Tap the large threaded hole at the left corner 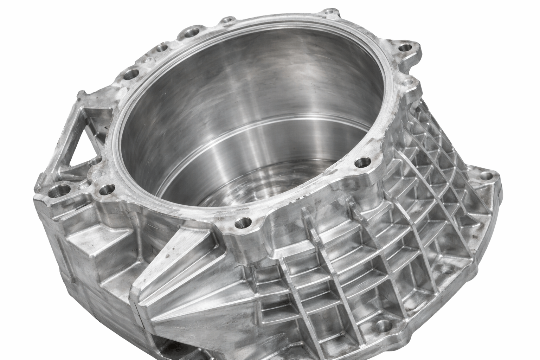[x=57, y=192]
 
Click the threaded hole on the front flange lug [x=244, y=222]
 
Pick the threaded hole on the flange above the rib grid [x=360, y=162]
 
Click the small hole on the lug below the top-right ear [x=408, y=83]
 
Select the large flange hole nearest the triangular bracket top [x=132, y=74]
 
